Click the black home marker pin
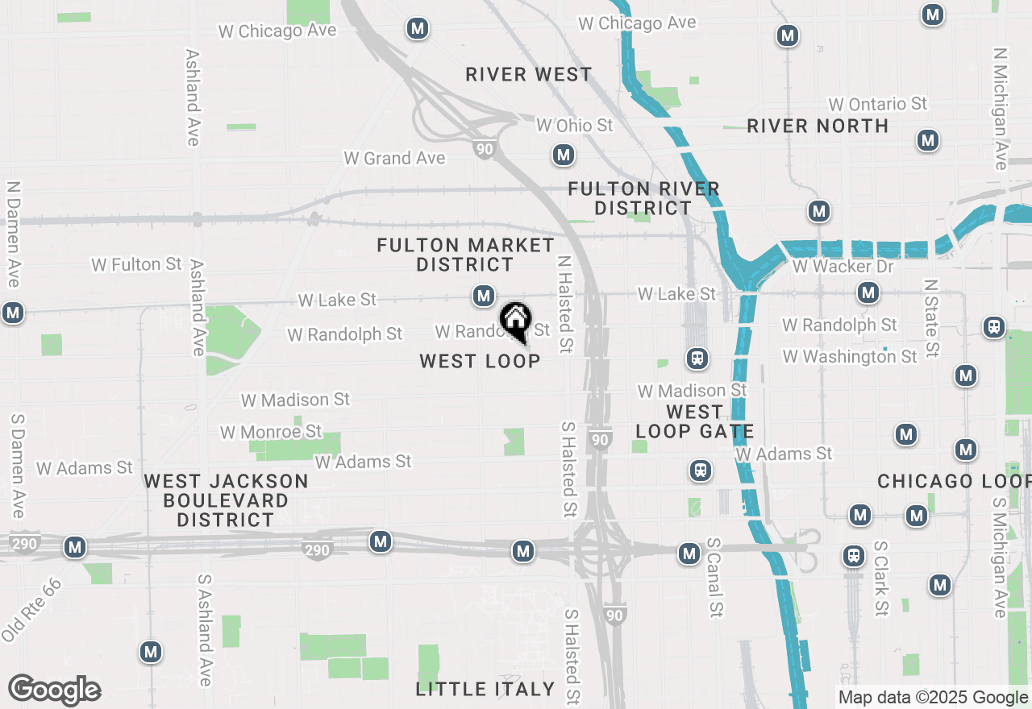coord(515,321)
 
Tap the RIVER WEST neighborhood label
coord(529,75)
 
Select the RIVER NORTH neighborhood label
coord(818,126)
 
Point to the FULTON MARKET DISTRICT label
coord(466,255)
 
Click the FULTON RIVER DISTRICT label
coord(643,198)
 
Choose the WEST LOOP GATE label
coord(694,421)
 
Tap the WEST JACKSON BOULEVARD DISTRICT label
coord(226,500)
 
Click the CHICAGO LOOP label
coord(954,481)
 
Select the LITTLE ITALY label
coord(485,689)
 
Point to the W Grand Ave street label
coord(394,159)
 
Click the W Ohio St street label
coord(575,126)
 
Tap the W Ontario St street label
coord(878,105)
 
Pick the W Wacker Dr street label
coord(843,267)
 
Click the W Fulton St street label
coord(137,264)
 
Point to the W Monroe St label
coord(271,433)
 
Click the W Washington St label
coord(850,356)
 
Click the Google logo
coord(54,690)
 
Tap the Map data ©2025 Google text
coord(933,698)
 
